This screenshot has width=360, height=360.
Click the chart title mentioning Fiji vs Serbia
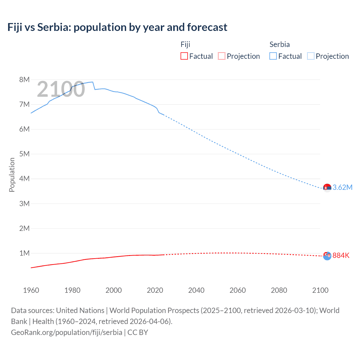(x=117, y=27)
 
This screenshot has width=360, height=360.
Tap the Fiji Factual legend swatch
(x=184, y=56)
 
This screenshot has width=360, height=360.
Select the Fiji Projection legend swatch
(x=222, y=56)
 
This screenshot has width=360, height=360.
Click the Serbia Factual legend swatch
(x=273, y=56)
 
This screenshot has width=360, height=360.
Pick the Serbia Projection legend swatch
(x=311, y=56)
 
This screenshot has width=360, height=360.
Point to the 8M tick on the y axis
(x=24, y=80)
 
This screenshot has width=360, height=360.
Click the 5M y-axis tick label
(x=24, y=154)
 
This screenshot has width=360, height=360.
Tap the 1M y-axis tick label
(x=24, y=253)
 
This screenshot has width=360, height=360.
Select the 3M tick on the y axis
(x=24, y=204)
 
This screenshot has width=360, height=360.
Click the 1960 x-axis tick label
(x=31, y=290)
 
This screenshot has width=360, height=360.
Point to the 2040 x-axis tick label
(x=196, y=290)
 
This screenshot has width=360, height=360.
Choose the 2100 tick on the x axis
(x=320, y=290)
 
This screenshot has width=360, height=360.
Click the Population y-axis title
(x=12, y=175)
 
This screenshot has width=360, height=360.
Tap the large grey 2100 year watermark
(x=61, y=89)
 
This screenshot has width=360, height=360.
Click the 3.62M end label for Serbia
(x=342, y=187)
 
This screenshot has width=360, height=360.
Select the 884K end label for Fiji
(x=341, y=255)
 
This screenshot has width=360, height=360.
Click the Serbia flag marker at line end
(x=327, y=188)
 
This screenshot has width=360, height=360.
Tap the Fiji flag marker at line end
(x=327, y=256)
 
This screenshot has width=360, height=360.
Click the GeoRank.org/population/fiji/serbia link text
(x=67, y=332)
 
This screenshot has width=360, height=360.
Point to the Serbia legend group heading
(x=280, y=44)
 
